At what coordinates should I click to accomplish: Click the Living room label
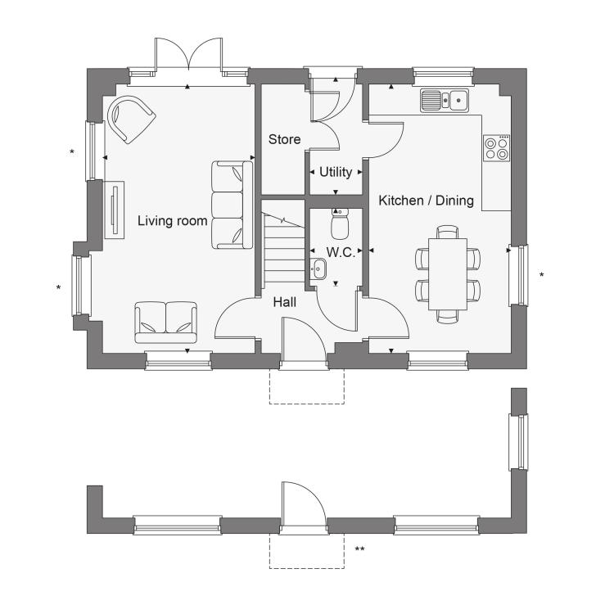point(172,221)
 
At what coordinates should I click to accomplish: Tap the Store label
point(285,139)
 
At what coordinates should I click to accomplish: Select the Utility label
point(336,172)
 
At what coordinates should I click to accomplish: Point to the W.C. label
point(341,252)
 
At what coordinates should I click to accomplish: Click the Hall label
point(285,302)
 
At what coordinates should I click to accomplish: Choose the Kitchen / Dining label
point(426,201)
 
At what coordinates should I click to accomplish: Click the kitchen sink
point(445,100)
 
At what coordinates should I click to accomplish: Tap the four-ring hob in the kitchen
point(497,148)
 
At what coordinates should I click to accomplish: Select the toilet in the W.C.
point(340,223)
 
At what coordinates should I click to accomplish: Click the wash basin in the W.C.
point(318,269)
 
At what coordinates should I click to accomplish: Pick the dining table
point(448,274)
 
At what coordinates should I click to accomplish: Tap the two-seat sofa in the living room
point(165,323)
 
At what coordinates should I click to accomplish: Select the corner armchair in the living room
point(131,120)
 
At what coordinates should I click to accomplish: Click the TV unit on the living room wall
point(115,210)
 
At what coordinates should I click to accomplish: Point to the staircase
point(283,246)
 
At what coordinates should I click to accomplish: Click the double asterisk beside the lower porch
point(359,549)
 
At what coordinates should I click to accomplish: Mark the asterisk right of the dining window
point(542,274)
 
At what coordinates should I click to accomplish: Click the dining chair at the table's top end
point(448,232)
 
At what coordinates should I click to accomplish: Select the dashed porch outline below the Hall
point(307,404)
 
